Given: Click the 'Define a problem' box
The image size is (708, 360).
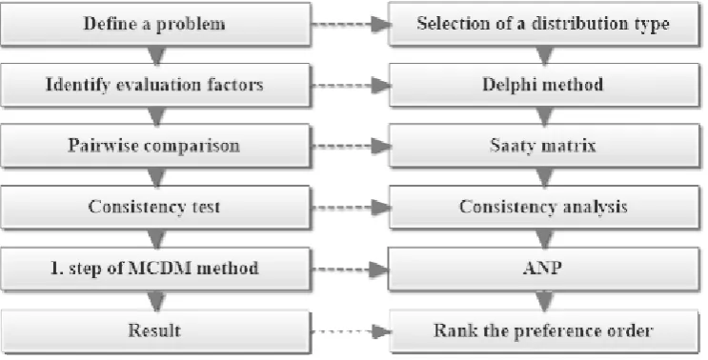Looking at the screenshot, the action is pos(155,24).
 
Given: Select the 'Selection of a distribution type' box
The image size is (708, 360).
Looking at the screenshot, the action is pos(544,24).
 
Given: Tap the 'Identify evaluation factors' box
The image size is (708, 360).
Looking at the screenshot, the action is pos(155,85).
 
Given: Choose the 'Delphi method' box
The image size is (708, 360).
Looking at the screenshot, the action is pos(544,85).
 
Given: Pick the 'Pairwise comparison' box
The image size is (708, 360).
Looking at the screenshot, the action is pos(155,146).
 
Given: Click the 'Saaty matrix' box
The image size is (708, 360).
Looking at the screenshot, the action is pos(544,146).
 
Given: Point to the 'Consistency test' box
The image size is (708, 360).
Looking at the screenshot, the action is pos(155,207).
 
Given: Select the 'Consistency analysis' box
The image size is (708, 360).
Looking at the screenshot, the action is pos(544,207).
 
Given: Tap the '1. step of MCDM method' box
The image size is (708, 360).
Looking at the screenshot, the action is pos(155,269).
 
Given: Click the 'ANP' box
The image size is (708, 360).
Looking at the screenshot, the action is pos(544,269).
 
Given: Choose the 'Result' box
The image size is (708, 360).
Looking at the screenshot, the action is pos(155,330).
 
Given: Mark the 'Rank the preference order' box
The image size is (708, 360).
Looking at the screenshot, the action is pos(544,330).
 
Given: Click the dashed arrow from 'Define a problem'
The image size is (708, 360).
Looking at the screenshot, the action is pos(351,25).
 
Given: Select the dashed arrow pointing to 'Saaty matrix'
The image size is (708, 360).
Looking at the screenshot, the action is pos(351,146).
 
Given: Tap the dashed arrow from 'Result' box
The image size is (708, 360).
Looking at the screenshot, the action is pos(351,331).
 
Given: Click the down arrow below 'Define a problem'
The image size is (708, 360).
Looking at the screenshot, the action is pos(156,55).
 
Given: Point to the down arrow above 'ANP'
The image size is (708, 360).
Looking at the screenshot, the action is pos(544,239).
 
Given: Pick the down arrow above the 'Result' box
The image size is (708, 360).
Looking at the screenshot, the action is pos(156,300).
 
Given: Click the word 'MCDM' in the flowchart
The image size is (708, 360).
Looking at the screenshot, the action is pos(156,268).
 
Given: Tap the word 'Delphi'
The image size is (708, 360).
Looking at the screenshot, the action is pos(509,86).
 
